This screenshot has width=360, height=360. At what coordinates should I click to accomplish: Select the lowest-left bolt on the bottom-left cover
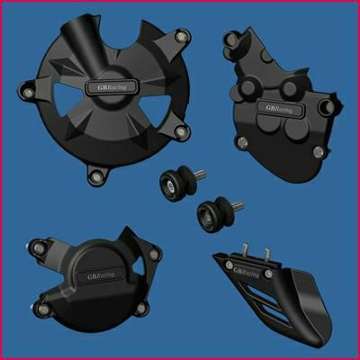pos(41,309)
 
